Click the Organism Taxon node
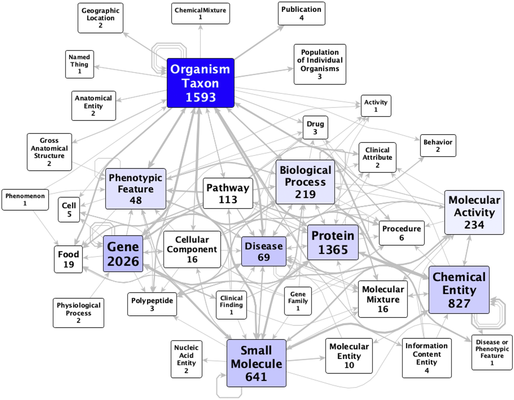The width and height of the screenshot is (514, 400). pos(200,83)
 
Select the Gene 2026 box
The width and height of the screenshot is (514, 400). pos(123,254)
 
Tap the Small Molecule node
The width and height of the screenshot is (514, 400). pos(256,363)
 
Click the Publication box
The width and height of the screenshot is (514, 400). pos(301,13)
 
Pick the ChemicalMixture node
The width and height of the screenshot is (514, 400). pos(200,13)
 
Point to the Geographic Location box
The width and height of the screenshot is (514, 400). pos(100,18)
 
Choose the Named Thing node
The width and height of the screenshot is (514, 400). pos(79,64)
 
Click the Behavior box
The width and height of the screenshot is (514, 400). pos(438,145)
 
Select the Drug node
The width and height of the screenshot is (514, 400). pos(315,127)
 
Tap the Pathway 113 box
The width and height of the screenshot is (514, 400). pos(228,193)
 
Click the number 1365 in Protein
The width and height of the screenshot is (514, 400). pos(333,250)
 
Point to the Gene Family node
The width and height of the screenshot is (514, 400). pos(298,301)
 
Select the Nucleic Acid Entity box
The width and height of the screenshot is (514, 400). pos(186,359)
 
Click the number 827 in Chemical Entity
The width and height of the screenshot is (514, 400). pos(459,303)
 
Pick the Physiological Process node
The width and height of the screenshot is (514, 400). pos(78,313)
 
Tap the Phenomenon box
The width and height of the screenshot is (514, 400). pos(25,199)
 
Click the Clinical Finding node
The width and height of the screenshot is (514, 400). pos(231,305)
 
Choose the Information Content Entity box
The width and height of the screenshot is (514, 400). pos(426,358)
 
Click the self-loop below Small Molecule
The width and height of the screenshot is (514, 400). pos(229,395)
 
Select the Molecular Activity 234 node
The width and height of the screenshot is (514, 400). pos(474,212)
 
